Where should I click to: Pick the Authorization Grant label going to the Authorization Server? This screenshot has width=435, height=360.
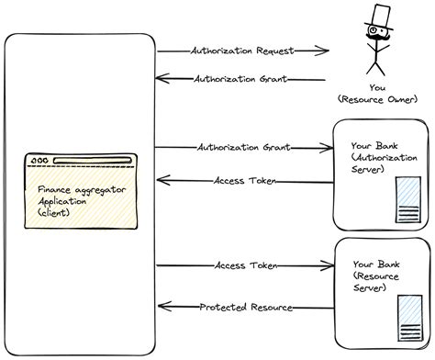[x=238, y=147]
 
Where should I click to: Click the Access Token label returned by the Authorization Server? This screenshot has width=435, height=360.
[x=240, y=180]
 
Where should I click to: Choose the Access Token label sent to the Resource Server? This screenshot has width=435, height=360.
[x=240, y=265]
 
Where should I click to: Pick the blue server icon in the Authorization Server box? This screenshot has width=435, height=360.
[x=407, y=201]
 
